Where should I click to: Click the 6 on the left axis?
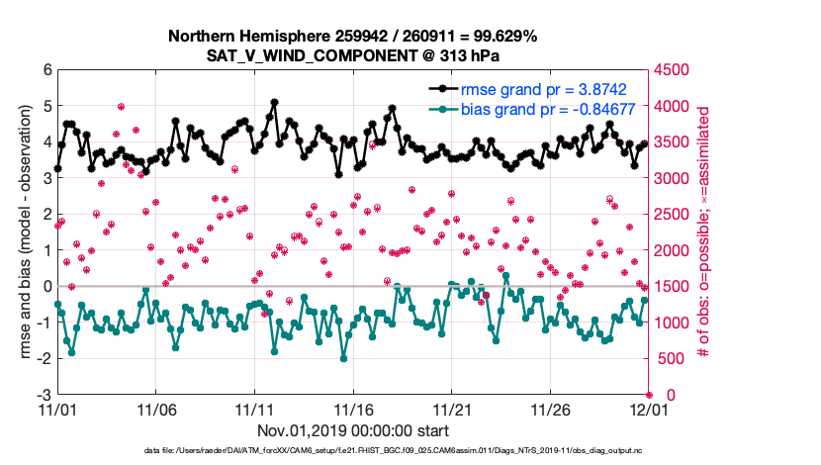(x=46, y=70)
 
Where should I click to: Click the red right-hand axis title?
(x=703, y=232)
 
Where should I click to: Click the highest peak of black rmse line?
(x=273, y=101)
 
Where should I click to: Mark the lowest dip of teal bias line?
(x=342, y=358)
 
